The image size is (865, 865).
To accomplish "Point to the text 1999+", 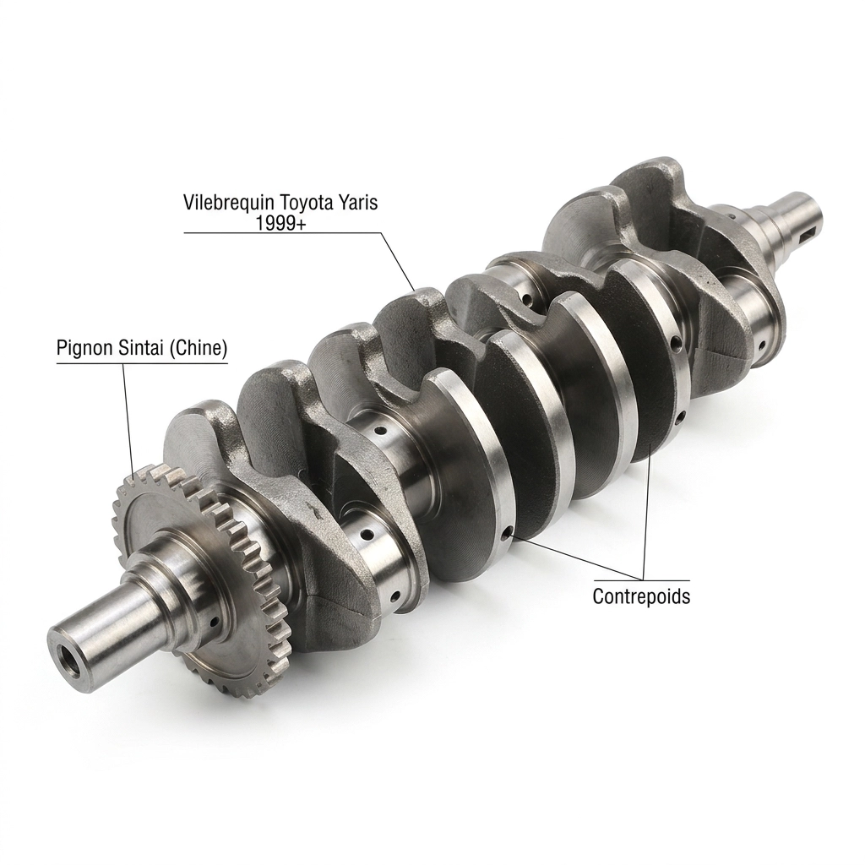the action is [280, 222].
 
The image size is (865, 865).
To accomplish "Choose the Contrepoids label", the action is [642, 596].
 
